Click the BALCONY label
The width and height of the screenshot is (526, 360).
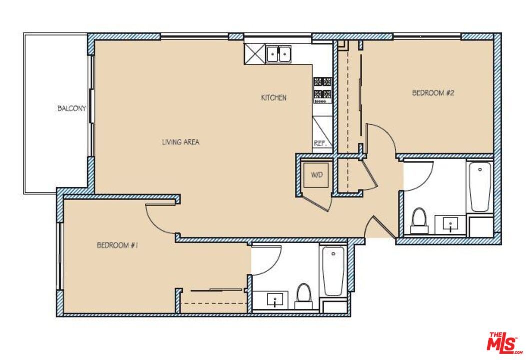pos(72,108)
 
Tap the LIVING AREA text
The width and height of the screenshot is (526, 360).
pos(180,142)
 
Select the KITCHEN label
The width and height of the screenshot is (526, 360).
pos(274,98)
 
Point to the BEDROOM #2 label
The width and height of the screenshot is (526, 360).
pos(432,93)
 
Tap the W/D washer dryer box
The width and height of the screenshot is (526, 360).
pos(316,175)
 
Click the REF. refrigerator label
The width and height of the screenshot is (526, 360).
pos(320,143)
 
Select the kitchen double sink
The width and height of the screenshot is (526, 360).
pos(278,54)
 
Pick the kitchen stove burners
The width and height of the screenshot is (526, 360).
pos(323,88)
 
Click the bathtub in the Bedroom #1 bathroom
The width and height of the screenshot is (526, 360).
pos(333,271)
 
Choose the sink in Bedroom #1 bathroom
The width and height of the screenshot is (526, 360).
pos(274,300)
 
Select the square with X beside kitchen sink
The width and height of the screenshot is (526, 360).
pos(254,54)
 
